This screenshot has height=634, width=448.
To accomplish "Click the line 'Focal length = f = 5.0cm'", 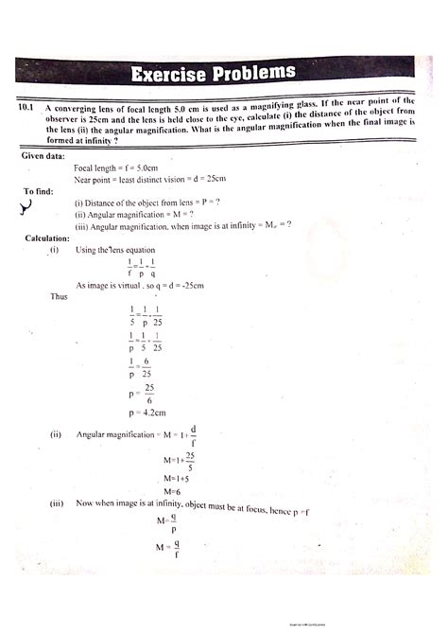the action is click(x=128, y=167).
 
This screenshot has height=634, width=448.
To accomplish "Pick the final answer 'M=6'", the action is click(x=172, y=491).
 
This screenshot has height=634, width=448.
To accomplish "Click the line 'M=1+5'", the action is click(x=177, y=478).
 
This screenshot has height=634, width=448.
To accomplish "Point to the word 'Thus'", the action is click(x=60, y=296).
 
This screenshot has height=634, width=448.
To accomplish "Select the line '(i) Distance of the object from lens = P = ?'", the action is click(x=147, y=203).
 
